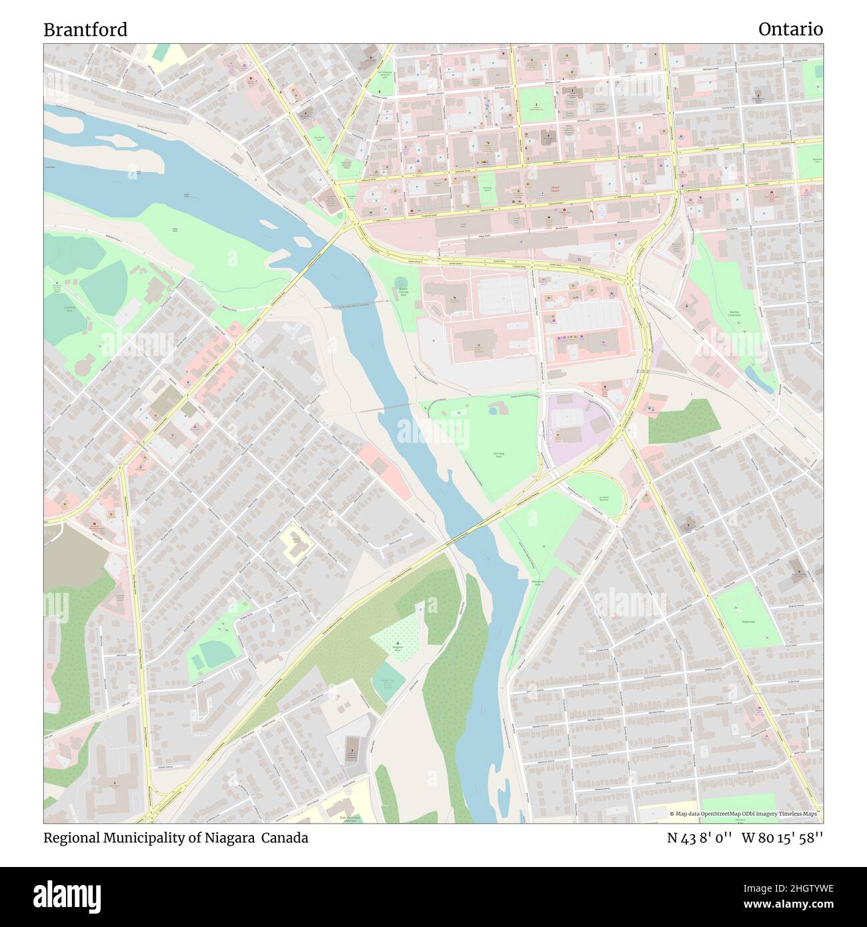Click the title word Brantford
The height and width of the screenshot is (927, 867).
85,30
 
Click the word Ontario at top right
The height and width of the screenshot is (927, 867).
790,29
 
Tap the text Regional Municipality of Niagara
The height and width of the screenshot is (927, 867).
149,838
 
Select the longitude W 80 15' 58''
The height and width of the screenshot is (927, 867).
782,838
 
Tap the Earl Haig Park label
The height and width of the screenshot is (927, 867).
498,455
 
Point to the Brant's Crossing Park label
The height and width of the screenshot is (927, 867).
403,293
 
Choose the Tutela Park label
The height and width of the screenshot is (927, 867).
748,621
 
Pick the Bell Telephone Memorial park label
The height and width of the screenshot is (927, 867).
384,75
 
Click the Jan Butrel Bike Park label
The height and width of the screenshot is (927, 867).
604,498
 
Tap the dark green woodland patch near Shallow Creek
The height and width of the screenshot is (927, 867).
684,422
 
